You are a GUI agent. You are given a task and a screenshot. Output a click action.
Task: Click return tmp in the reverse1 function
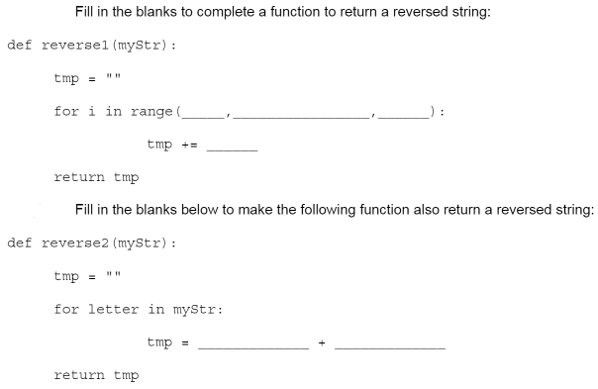[96, 178]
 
